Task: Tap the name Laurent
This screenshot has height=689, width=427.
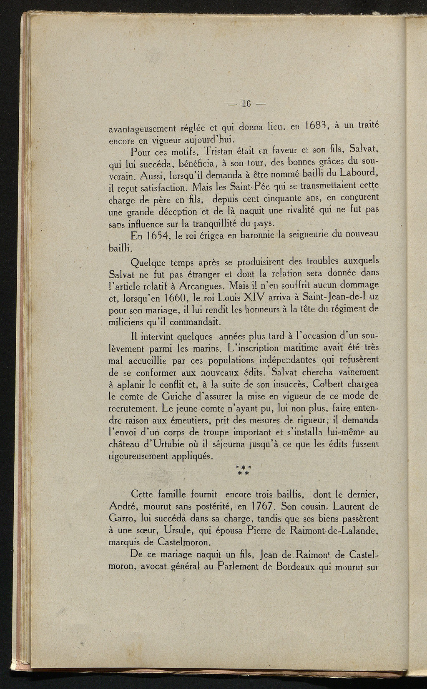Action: pyautogui.click(x=349, y=507)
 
